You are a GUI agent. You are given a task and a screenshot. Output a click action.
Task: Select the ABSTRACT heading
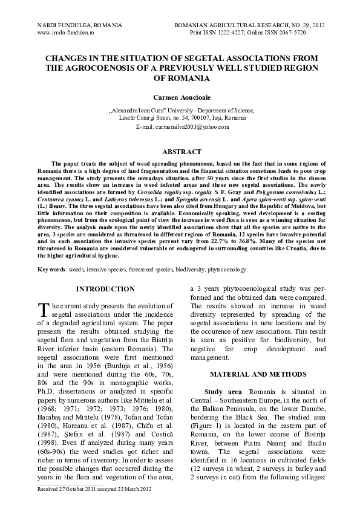click(x=179, y=152)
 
